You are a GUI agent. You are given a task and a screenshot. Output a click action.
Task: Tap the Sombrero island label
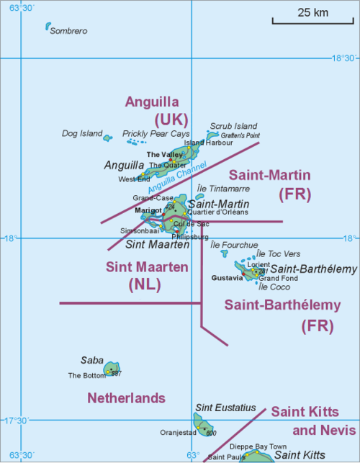[x=68, y=31]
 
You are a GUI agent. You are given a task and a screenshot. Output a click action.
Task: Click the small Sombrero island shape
[x=48, y=27]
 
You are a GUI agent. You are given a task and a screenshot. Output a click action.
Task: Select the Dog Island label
[x=82, y=133]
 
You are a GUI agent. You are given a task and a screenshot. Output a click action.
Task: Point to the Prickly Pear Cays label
[x=156, y=134]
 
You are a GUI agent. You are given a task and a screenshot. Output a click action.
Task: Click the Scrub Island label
[x=233, y=125]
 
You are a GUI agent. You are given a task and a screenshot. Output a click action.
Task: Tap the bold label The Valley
[x=164, y=155]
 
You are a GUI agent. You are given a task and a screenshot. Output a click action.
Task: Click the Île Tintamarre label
[x=222, y=188]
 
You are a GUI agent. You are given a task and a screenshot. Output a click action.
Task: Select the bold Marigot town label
[x=148, y=210]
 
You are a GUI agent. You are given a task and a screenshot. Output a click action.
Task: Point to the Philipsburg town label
[x=191, y=236]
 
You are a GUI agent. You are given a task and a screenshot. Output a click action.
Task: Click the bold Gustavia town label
[x=228, y=277]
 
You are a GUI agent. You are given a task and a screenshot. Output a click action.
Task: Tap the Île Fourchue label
[x=233, y=245]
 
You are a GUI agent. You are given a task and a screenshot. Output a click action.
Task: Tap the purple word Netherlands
[x=126, y=398]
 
